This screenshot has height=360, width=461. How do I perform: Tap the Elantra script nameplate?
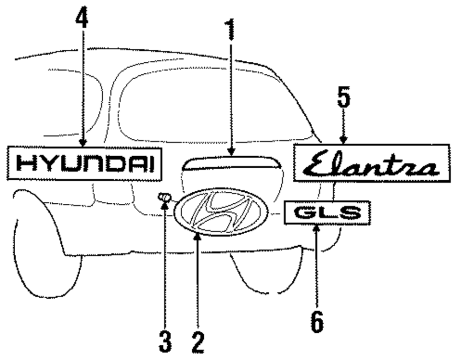pos(372,163)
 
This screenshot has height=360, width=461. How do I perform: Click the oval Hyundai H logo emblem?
pos(221,212)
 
